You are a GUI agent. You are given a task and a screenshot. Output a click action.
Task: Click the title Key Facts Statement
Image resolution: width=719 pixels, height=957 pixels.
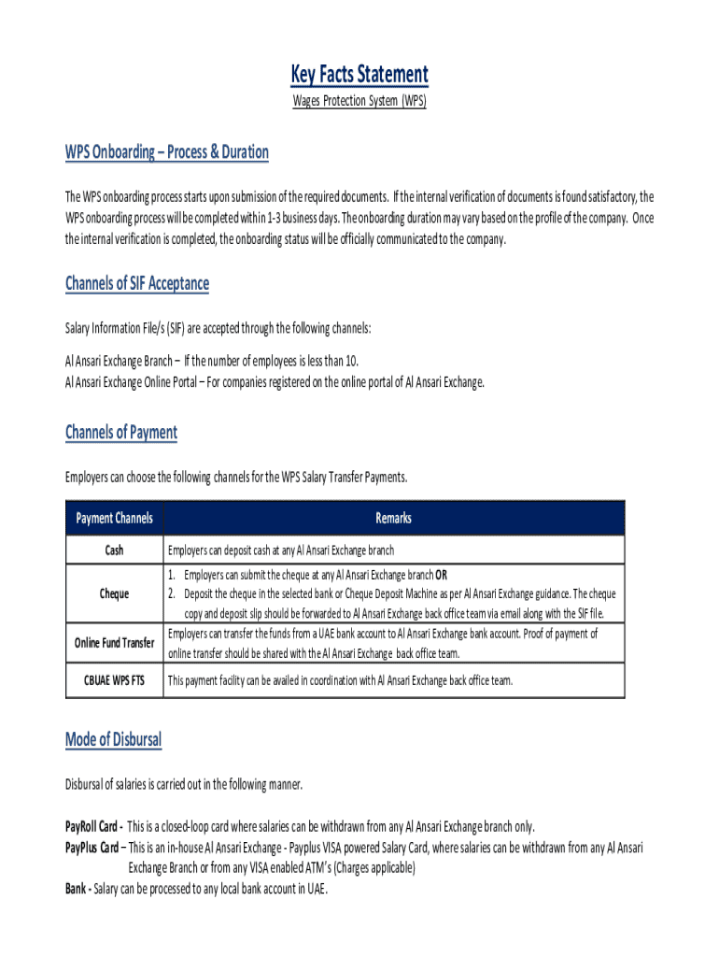(359, 75)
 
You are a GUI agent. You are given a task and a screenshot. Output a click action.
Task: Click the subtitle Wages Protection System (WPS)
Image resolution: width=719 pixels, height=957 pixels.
(359, 101)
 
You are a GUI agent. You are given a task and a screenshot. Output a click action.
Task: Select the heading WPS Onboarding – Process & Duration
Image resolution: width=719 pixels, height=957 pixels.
(166, 152)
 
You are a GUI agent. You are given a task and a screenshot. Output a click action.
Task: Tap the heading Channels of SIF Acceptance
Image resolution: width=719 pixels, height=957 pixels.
(137, 283)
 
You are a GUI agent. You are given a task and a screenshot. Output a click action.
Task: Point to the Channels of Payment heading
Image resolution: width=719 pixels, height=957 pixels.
(121, 432)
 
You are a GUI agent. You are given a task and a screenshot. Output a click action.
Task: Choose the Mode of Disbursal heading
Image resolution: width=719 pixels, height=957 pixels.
(113, 740)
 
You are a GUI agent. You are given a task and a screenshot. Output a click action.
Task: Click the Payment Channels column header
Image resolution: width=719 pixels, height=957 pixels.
(114, 518)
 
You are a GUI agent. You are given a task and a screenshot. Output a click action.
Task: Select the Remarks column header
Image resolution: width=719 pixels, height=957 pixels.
(393, 518)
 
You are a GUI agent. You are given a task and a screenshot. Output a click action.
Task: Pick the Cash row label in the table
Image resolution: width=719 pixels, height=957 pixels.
(114, 550)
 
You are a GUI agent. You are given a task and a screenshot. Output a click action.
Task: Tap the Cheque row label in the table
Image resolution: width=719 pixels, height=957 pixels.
(114, 593)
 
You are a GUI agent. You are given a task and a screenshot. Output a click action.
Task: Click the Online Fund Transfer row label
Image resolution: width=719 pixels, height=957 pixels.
(114, 642)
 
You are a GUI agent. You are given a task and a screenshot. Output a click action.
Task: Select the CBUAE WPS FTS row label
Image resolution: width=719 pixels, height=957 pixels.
(114, 681)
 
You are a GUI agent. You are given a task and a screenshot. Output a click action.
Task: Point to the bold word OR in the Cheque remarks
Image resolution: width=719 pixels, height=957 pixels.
(454, 575)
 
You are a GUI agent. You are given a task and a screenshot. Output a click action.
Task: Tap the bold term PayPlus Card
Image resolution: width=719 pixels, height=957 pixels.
(92, 848)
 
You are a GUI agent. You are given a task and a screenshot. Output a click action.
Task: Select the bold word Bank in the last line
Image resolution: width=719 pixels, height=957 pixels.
(77, 889)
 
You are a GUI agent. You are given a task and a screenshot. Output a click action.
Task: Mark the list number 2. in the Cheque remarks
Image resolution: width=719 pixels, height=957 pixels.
(173, 593)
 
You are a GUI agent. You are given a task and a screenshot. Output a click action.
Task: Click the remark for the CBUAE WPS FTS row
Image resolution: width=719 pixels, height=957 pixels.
(340, 681)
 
